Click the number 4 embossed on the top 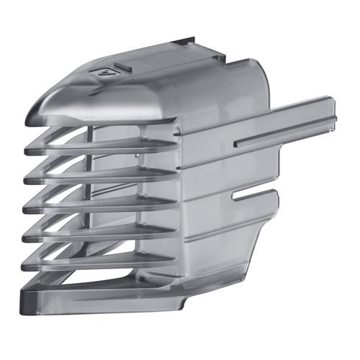tap(102, 71)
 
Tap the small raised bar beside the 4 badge tap(123, 66)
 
